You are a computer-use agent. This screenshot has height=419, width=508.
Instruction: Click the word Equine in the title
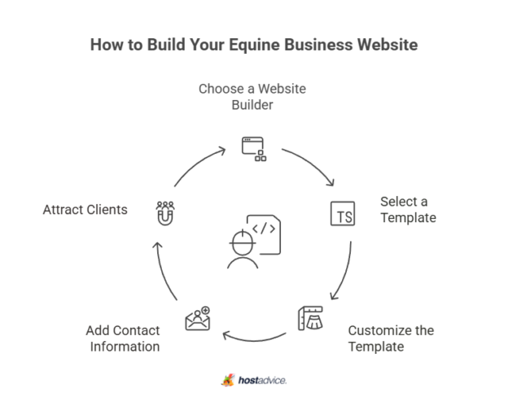tap(254, 45)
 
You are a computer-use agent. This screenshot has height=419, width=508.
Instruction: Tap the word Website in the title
tap(388, 45)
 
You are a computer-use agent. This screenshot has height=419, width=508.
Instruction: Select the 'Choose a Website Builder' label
tap(252, 97)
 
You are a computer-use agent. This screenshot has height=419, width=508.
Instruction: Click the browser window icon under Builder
tap(254, 149)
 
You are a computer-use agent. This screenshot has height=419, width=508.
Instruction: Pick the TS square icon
tap(343, 214)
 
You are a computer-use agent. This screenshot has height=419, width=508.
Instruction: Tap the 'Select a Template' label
tap(408, 210)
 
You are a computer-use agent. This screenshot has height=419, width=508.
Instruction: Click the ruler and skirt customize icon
tap(310, 318)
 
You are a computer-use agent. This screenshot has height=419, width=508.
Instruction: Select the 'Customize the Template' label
tap(391, 338)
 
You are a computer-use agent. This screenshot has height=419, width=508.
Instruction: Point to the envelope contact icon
tap(198, 318)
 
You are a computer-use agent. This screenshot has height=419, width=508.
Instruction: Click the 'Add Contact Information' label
tap(123, 338)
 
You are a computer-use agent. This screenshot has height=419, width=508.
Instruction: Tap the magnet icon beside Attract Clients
tap(165, 214)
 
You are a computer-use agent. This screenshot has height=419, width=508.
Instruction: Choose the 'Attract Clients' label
tap(85, 210)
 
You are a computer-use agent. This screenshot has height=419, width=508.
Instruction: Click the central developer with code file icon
tap(254, 242)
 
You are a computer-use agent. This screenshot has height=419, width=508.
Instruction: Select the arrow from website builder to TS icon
tap(311, 164)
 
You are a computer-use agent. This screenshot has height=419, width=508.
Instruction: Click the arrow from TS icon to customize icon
tap(346, 272)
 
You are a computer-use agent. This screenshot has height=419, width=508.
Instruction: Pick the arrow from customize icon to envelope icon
tap(254, 340)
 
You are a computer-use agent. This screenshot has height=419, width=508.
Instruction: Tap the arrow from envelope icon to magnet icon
tap(162, 272)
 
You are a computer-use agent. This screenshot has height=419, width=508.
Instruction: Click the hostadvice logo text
tap(262, 380)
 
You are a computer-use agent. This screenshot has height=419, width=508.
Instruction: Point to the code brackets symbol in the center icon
tap(264, 229)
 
